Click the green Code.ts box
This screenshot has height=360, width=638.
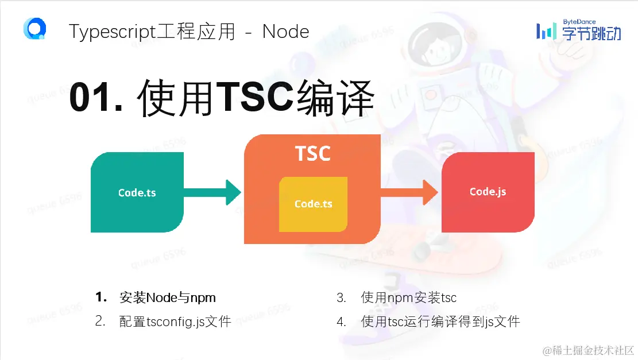[x=137, y=192]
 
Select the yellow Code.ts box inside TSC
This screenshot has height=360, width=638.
[x=314, y=204]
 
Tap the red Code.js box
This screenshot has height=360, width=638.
[x=488, y=192]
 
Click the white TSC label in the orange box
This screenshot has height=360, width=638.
[x=312, y=153]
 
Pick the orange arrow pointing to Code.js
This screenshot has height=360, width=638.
[x=409, y=192]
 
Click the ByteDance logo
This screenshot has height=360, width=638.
[x=579, y=30]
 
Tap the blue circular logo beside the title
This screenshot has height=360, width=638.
[x=35, y=29]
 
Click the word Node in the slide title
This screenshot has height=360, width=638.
[x=285, y=32]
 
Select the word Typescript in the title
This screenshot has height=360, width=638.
[x=113, y=32]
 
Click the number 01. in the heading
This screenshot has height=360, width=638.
[x=96, y=98]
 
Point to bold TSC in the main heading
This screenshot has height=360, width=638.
[x=255, y=96]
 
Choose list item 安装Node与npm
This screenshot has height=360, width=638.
[x=167, y=298]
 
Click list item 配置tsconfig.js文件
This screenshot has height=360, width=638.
[x=175, y=322]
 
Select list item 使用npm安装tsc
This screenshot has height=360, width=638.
[x=408, y=298]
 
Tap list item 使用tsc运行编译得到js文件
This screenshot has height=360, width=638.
[x=440, y=322]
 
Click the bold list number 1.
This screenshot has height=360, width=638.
[x=101, y=297]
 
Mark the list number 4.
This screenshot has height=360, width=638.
[x=341, y=322]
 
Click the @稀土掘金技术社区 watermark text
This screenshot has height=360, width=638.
[x=589, y=350]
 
